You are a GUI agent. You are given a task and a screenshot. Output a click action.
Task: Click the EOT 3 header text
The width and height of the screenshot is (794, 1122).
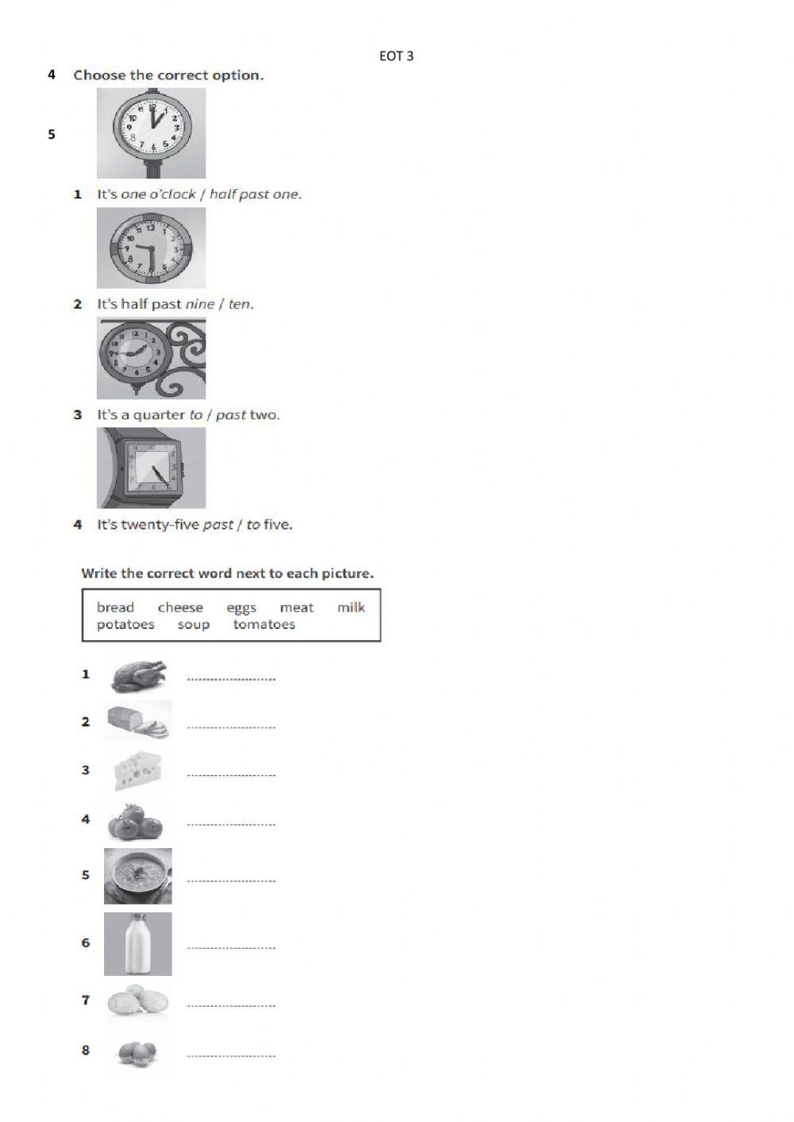pyautogui.click(x=396, y=56)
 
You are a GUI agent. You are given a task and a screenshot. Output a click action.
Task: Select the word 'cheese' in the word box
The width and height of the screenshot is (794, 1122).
pyautogui.click(x=180, y=607)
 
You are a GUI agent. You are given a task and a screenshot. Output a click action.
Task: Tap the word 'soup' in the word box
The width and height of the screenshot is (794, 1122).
pyautogui.click(x=194, y=625)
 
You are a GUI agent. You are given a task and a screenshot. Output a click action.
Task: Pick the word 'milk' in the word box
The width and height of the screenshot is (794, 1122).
pyautogui.click(x=351, y=607)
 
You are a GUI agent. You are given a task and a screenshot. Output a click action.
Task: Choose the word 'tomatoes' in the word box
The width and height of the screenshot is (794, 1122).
pyautogui.click(x=264, y=625)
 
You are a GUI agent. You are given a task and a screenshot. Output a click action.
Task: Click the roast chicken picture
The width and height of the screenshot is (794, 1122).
pyautogui.click(x=139, y=677)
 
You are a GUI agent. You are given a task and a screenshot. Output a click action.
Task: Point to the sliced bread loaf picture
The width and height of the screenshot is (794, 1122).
pyautogui.click(x=139, y=722)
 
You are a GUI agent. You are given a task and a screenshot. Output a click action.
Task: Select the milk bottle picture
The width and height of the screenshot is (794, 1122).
pyautogui.click(x=138, y=943)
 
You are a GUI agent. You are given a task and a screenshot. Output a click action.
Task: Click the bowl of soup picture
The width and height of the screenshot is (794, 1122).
pyautogui.click(x=138, y=876)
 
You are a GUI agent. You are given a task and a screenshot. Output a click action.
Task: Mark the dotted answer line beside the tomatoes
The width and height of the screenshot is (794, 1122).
pyautogui.click(x=231, y=824)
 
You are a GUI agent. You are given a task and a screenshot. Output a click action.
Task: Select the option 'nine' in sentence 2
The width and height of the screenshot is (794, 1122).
pyautogui.click(x=200, y=304)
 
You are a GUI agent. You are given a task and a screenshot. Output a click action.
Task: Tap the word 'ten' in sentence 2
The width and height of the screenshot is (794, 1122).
pyautogui.click(x=239, y=304)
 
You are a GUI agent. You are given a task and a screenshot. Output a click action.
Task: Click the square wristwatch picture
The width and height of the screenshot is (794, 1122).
pyautogui.click(x=152, y=468)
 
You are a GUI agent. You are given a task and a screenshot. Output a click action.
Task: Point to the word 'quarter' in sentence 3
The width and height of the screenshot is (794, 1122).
pyautogui.click(x=159, y=415)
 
